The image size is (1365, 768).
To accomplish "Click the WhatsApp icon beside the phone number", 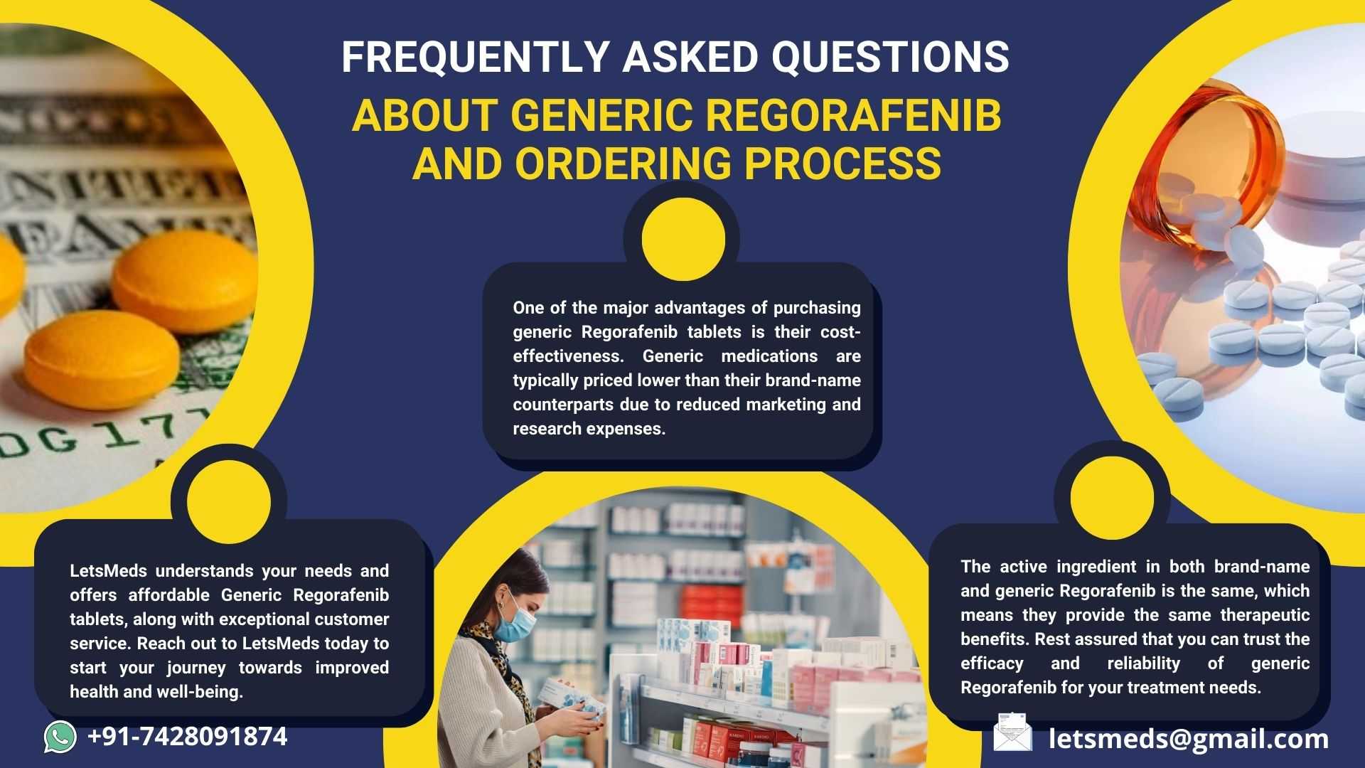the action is click(60, 737).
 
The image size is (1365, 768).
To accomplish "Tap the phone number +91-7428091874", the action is click(187, 737).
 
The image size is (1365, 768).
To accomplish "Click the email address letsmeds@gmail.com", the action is click(1189, 739).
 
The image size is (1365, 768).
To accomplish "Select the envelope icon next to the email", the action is click(1012, 732).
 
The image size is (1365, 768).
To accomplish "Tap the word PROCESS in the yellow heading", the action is click(842, 164).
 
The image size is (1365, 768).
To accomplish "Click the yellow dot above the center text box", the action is click(683, 239).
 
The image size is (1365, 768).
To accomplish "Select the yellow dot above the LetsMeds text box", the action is click(229, 501).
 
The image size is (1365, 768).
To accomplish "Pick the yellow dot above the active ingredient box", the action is click(1112, 497).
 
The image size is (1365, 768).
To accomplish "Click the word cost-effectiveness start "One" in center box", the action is click(528, 308).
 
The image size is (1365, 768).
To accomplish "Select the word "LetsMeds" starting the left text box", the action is click(108, 571).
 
